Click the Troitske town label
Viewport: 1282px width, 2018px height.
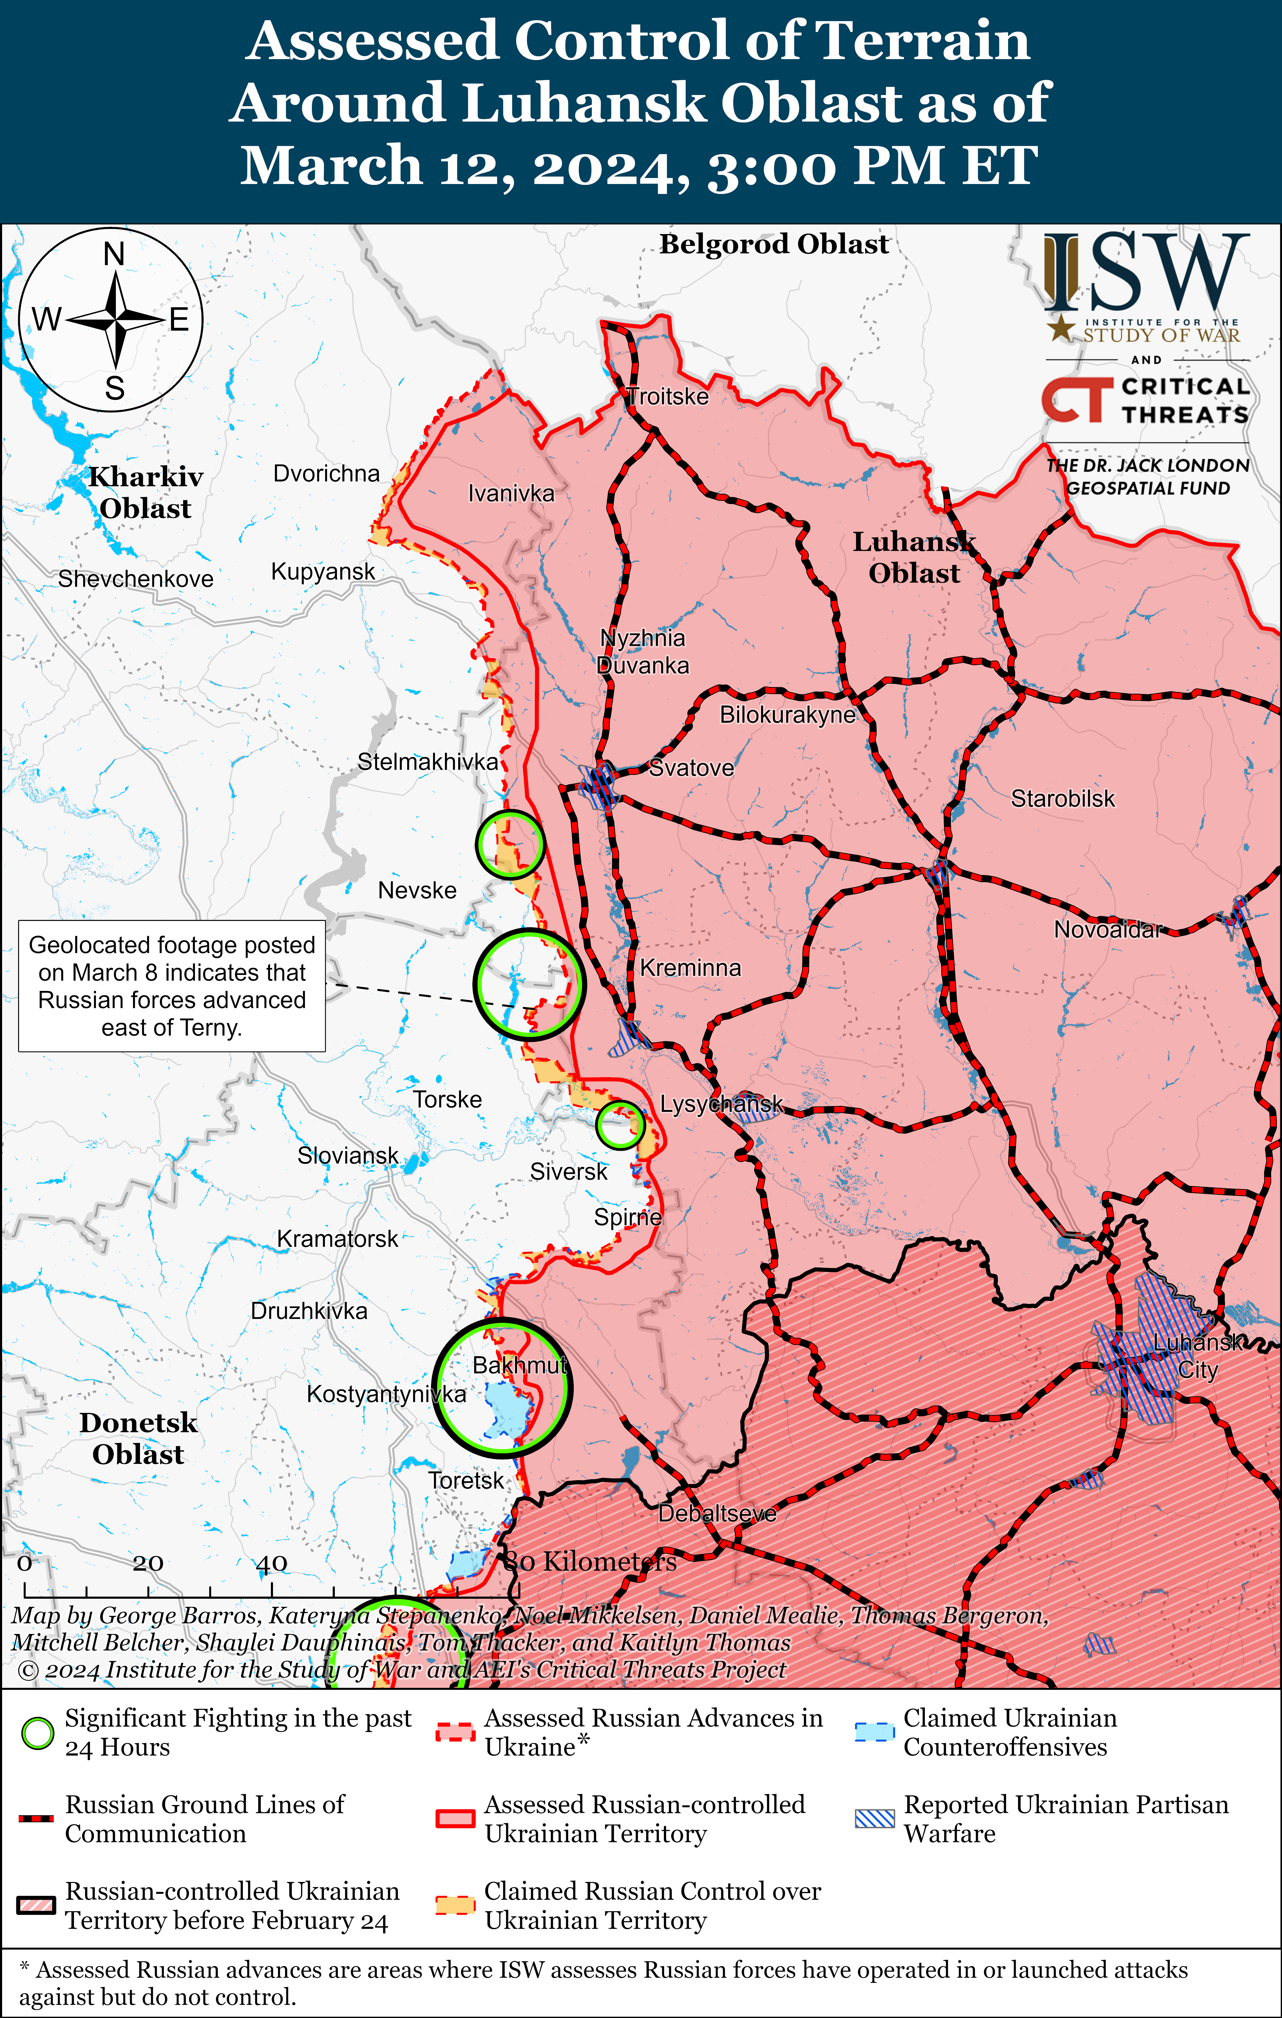point(668,396)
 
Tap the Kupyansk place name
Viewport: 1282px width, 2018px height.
point(322,572)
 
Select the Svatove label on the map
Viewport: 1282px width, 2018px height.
point(691,768)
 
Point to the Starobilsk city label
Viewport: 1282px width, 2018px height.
point(1062,799)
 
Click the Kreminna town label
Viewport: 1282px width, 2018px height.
point(690,968)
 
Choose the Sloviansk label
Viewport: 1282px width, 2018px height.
point(348,1156)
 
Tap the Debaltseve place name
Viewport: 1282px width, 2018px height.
point(717,1514)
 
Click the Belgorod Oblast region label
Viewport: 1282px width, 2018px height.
point(773,244)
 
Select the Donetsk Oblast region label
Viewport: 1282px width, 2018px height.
point(138,1438)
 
